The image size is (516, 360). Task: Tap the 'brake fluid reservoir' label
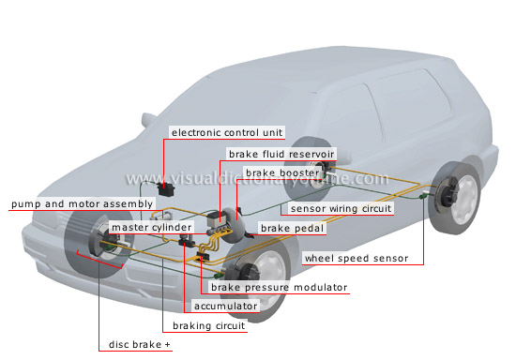pos(280,154)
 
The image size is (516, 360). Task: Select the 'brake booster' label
pos(279,173)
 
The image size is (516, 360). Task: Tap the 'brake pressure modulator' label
pos(279,288)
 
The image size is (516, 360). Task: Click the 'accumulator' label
pos(225,306)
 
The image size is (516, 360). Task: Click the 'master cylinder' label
pos(151,228)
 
